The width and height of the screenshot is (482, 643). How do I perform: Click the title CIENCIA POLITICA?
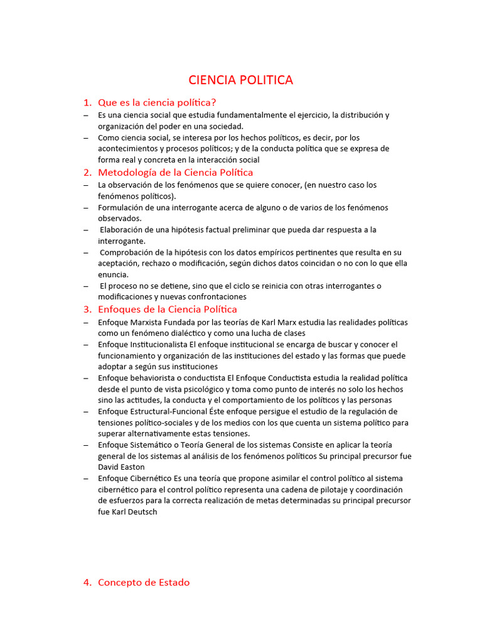241,80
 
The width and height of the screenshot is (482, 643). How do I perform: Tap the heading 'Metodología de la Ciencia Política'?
176,172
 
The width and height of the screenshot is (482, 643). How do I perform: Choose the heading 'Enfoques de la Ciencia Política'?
168,309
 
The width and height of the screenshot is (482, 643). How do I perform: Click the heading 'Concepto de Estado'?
144,582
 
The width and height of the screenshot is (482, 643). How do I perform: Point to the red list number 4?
87,582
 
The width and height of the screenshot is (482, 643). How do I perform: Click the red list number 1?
87,102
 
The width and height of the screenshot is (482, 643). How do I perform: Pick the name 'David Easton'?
121,467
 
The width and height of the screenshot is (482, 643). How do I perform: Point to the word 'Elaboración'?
124,230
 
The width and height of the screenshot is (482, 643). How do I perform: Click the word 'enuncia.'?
114,274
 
